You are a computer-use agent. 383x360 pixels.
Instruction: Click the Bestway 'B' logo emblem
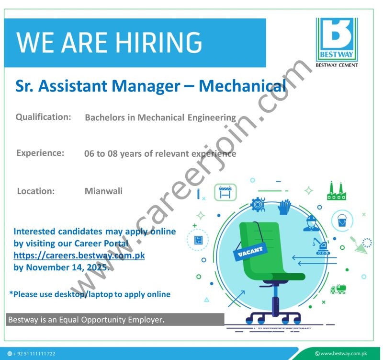(x=337, y=38)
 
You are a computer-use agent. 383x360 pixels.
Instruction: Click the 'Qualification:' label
(x=44, y=117)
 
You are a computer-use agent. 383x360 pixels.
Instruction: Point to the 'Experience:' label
(x=40, y=153)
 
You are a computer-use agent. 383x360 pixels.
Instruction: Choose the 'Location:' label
(x=36, y=191)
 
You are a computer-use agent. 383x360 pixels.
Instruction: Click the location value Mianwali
(x=103, y=191)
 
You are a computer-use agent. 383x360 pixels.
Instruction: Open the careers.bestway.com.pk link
(x=79, y=255)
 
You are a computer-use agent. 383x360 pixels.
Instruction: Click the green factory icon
(x=336, y=191)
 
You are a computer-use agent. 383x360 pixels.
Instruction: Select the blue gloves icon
(x=285, y=207)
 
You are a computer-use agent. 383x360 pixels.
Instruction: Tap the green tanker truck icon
(x=338, y=290)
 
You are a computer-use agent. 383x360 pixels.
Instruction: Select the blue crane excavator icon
(x=320, y=246)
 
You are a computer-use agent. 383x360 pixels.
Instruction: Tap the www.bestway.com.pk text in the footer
(x=343, y=354)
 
